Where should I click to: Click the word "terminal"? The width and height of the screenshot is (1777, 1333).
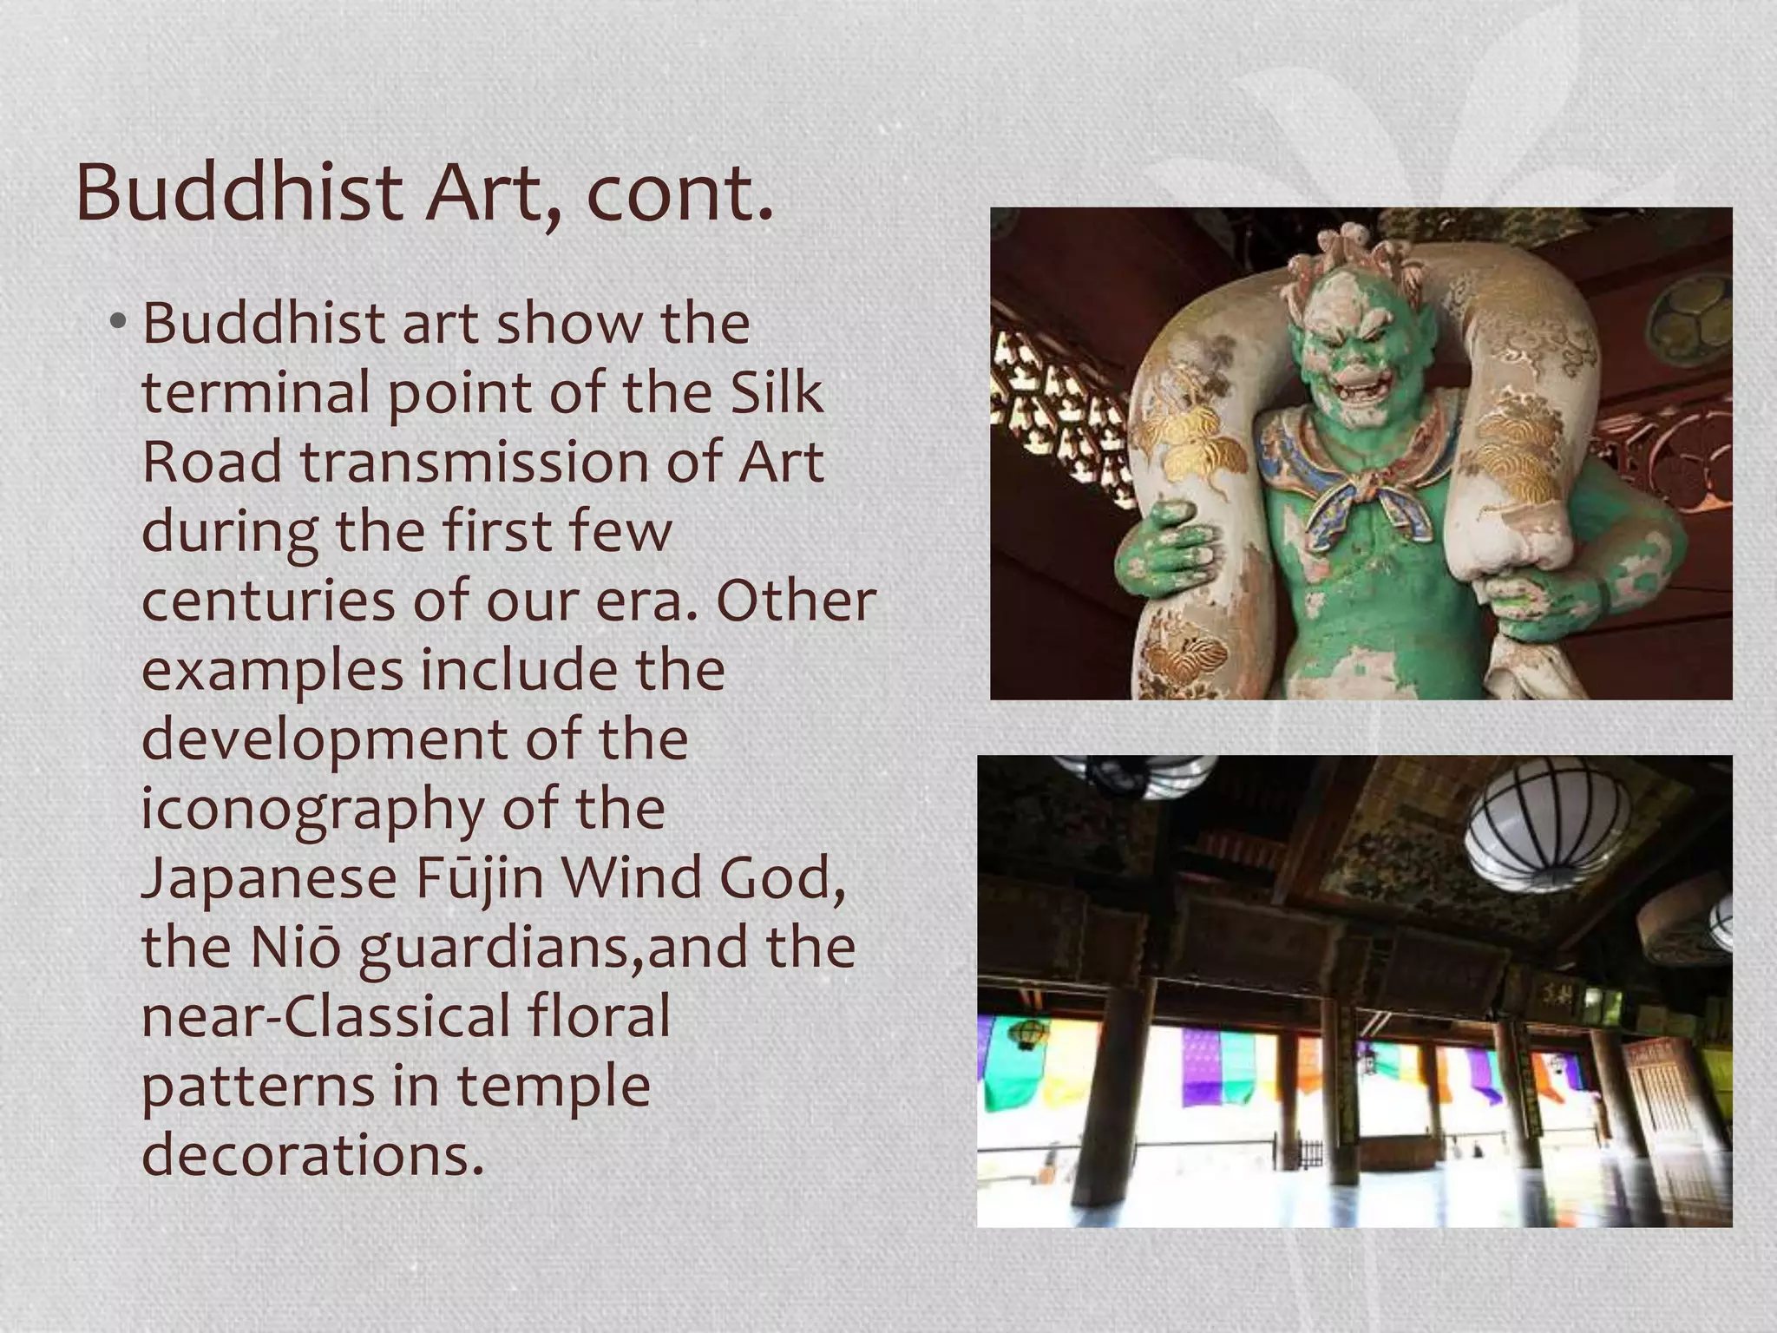pos(257,392)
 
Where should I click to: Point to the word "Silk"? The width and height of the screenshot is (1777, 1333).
pos(777,392)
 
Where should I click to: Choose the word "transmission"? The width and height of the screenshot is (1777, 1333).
pos(475,462)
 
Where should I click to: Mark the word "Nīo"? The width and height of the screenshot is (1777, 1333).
pos(295,948)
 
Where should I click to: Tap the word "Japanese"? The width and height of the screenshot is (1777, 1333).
pos(269,878)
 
